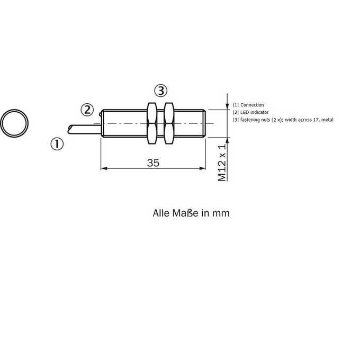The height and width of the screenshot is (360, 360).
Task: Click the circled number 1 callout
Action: coord(57,144)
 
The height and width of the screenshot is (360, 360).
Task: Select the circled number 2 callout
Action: coord(87,110)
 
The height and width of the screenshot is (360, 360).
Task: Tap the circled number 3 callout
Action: coord(161,91)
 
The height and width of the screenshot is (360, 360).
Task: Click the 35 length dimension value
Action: coord(153,163)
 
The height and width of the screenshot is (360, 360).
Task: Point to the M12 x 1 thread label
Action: coord(222,163)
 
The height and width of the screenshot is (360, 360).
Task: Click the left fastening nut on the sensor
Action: coord(152,123)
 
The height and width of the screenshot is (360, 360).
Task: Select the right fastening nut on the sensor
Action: coord(169,123)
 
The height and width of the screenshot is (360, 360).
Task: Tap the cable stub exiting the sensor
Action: coord(85,129)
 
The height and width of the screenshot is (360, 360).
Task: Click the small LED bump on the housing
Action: coord(101,114)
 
